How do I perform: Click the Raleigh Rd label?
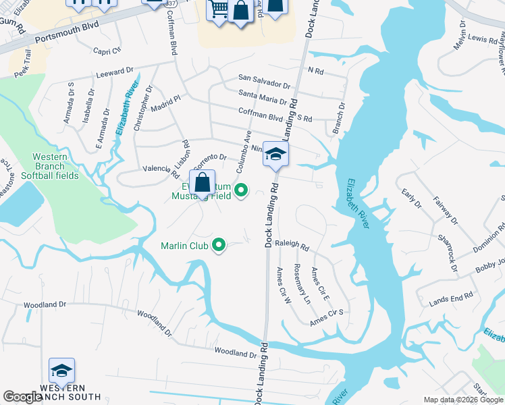click(292, 248)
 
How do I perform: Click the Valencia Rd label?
click(160, 170)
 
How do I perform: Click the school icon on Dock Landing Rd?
click(275, 155)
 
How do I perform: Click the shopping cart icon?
click(218, 10)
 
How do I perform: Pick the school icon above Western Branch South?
click(61, 371)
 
